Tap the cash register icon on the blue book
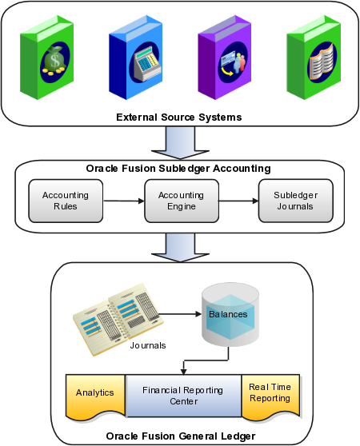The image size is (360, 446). tap(146, 63)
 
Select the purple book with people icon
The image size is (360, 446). tap(225, 58)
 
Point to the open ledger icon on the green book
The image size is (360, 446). tap(322, 62)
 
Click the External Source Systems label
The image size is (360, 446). tap(179, 117)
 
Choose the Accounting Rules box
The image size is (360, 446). tap(66, 201)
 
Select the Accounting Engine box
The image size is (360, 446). tap(182, 201)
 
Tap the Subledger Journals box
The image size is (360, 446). tap(296, 201)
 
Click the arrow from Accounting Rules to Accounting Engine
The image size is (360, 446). tap(124, 201)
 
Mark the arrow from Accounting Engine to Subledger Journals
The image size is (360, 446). tap(238, 201)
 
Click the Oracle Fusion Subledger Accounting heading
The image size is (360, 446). tap(178, 169)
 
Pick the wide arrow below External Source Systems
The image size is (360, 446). tap(181, 143)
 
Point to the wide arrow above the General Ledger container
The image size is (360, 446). tap(181, 247)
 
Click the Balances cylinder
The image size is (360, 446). tap(230, 314)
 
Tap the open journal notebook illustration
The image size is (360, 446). tap(118, 319)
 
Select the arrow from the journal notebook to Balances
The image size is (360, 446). tap(180, 314)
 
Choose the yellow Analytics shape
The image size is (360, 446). tap(95, 396)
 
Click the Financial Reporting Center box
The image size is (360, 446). tap(183, 396)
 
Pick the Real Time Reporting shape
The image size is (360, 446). tap(270, 396)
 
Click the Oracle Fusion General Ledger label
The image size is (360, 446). tap(181, 436)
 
